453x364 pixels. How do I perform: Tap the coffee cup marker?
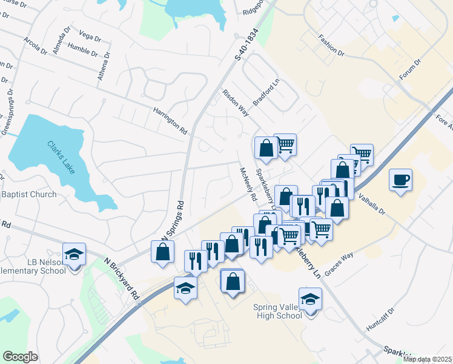[x=400, y=180]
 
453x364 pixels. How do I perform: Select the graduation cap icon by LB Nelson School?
[x=74, y=254]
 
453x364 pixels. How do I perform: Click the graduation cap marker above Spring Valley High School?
[x=310, y=299]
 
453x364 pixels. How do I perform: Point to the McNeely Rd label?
[x=248, y=184]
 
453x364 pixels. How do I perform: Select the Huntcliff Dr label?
[x=380, y=319]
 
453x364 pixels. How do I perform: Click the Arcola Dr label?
[x=35, y=47]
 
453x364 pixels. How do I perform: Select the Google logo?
[x=20, y=356]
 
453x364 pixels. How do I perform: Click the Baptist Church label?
[x=29, y=195]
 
